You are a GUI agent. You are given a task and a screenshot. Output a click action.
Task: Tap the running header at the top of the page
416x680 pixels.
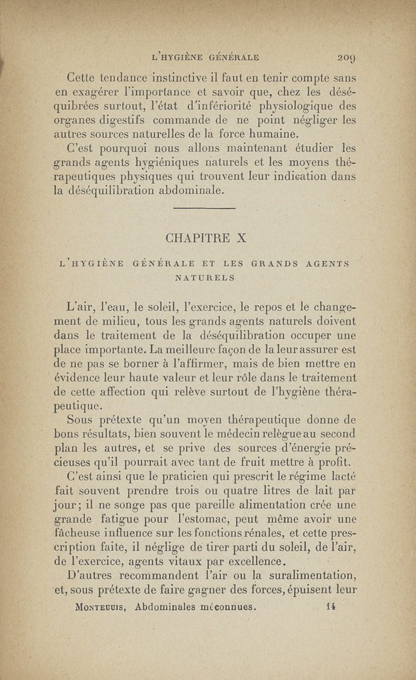tap(205, 58)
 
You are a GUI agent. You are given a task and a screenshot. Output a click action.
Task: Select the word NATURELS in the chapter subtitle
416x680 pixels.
tap(205, 278)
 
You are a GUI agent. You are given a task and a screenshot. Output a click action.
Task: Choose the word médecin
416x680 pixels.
tap(249, 432)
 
